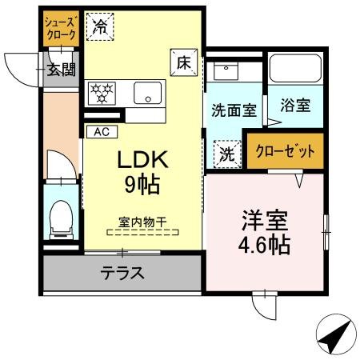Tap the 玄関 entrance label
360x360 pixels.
click(60, 70)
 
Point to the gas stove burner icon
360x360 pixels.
click(102, 91)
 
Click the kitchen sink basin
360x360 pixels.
click(146, 93)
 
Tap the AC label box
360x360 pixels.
click(102, 131)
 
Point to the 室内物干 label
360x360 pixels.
click(142, 224)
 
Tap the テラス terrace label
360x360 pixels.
click(122, 274)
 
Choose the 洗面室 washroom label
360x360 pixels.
click(234, 110)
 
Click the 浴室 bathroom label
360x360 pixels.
click(295, 105)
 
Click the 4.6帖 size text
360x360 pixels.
click(265, 245)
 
